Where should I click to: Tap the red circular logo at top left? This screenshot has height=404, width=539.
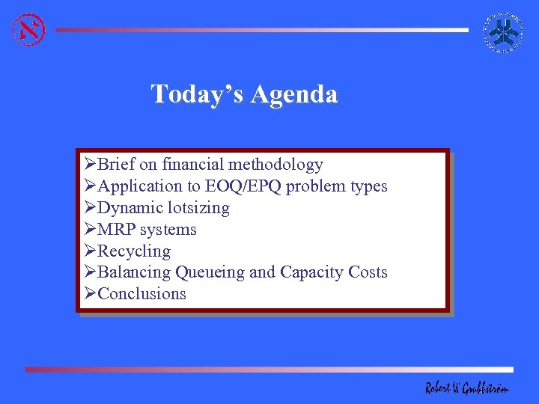29,30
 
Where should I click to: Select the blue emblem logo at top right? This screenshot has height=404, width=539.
503,32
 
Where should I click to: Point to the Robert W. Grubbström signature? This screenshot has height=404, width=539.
466,387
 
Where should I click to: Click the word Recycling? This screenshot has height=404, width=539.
134,251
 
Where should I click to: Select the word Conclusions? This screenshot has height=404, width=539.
141,294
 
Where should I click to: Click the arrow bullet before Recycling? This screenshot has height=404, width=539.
90,251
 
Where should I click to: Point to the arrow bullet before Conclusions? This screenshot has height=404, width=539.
90,294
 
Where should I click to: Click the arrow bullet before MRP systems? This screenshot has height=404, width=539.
90,230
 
